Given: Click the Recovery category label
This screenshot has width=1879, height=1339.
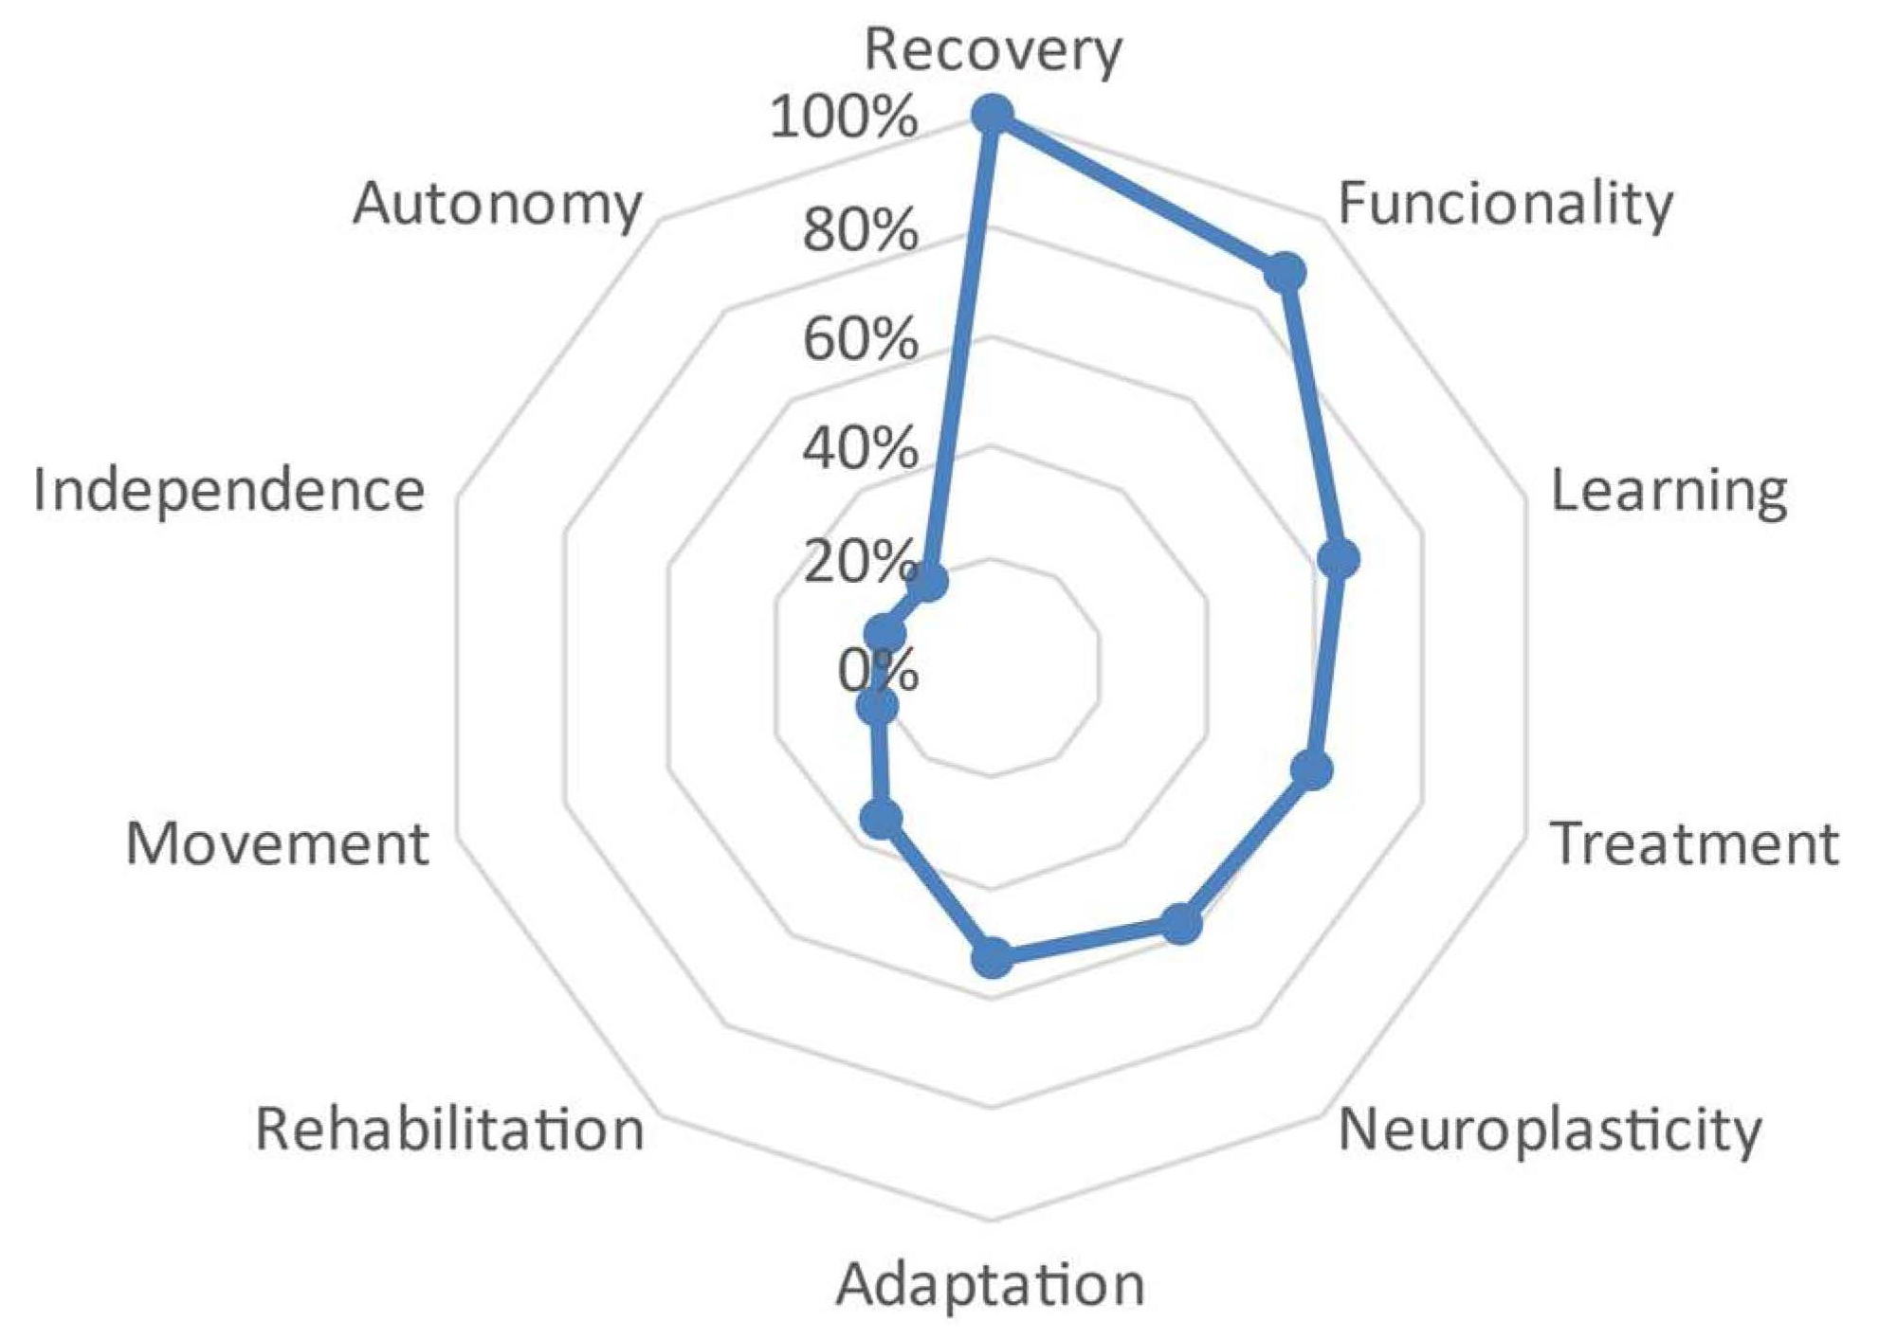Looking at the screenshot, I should click(993, 49).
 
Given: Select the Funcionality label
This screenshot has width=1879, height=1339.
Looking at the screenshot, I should click(1505, 204).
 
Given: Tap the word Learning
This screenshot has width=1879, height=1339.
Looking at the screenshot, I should click(1669, 492).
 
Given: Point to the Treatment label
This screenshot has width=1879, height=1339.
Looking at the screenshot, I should click(1694, 843).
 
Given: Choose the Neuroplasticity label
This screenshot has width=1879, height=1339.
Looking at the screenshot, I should click(1549, 1131).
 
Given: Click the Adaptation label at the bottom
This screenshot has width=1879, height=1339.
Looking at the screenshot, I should click(990, 1285).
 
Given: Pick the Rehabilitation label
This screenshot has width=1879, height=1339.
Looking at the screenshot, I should click(449, 1130).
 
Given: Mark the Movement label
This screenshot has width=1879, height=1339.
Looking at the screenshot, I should click(277, 843).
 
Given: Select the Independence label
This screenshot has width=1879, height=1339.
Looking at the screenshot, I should click(228, 491).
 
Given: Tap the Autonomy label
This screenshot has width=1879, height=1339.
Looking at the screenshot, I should click(497, 204).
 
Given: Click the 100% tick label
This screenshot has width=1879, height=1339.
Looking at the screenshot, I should click(843, 119).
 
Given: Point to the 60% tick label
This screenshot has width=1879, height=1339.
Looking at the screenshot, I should click(860, 339).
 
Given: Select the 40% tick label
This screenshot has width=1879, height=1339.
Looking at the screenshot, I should click(860, 449).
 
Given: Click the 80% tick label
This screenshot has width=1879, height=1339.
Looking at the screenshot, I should click(860, 229).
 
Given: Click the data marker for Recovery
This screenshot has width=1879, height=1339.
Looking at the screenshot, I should click(993, 116).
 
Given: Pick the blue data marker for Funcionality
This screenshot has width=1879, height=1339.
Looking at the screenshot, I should click(1285, 273).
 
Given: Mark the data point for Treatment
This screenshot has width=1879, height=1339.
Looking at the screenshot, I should click(1312, 769).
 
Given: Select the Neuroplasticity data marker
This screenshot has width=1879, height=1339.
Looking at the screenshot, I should click(1180, 924).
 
